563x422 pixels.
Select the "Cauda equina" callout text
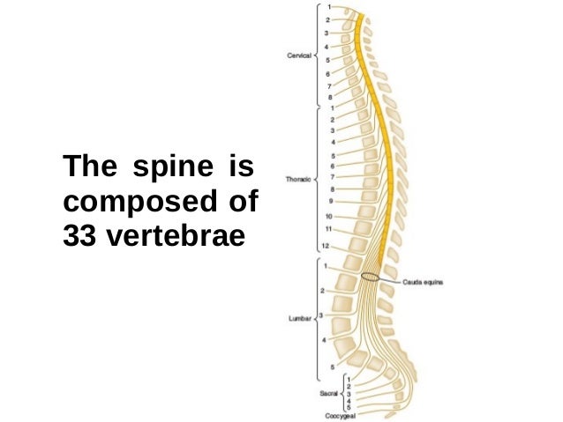422,282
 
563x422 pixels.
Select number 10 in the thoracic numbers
327,215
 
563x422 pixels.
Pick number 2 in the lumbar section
323,289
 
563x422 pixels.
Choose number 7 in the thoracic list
331,176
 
